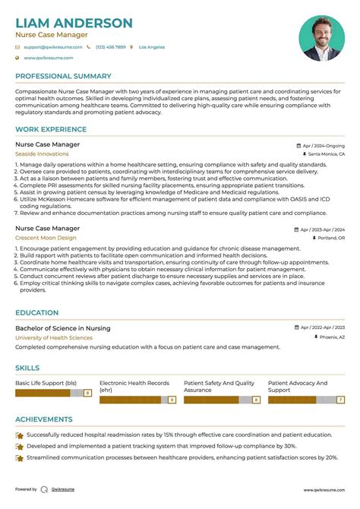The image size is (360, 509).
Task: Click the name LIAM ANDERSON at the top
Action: (74, 23)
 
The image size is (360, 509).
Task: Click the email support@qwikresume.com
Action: (50, 47)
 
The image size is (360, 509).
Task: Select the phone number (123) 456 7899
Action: (110, 47)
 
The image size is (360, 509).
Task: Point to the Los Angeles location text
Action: (152, 47)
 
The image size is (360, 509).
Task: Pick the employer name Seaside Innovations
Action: (42, 153)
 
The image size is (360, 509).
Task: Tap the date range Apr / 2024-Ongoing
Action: (324, 144)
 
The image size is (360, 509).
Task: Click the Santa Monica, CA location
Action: (327, 153)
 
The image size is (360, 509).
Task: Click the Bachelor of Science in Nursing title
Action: (62, 328)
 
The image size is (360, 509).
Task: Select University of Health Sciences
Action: (54, 337)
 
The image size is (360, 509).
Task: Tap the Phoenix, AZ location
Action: (331, 337)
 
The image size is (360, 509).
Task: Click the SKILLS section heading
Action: (27, 367)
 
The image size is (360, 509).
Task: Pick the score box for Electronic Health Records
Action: (172, 399)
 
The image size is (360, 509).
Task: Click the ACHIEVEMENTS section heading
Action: (44, 419)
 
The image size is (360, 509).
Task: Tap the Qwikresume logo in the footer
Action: (44, 489)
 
